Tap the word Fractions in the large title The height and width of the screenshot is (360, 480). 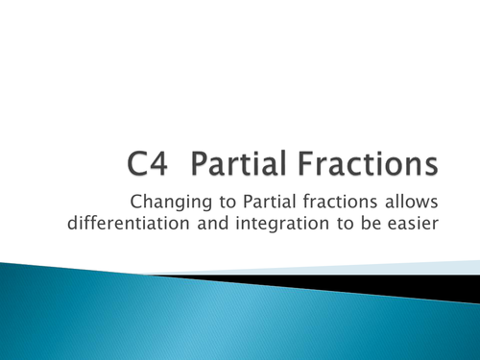[x=363, y=165]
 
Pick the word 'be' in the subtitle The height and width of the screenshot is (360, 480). [x=355, y=226]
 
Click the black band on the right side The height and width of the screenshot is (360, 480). [x=422, y=279]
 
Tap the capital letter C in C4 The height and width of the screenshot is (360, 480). [x=144, y=165]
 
